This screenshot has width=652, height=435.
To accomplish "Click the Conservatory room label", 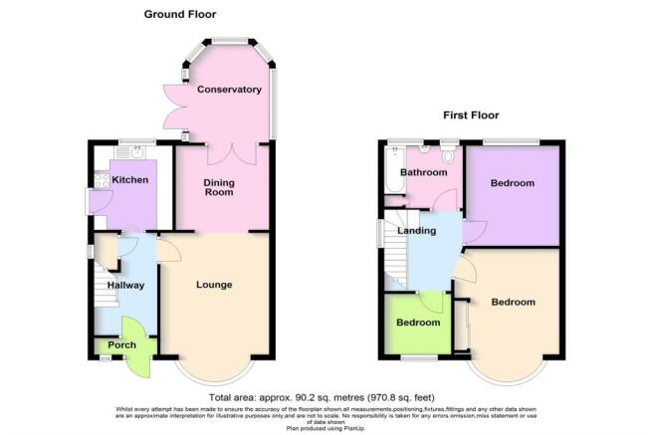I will (x=229, y=90).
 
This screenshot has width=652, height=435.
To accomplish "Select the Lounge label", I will (x=214, y=285).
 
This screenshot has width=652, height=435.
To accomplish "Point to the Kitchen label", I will (x=129, y=180).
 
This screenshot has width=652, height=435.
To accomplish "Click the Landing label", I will (x=417, y=231).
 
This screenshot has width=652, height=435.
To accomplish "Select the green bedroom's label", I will (x=418, y=323).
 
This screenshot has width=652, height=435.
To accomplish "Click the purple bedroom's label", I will (x=513, y=183).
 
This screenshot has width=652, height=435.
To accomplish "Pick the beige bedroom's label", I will (x=513, y=302).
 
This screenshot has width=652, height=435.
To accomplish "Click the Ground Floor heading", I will (x=179, y=14).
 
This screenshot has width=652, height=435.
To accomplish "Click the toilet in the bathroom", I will (x=446, y=154).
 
